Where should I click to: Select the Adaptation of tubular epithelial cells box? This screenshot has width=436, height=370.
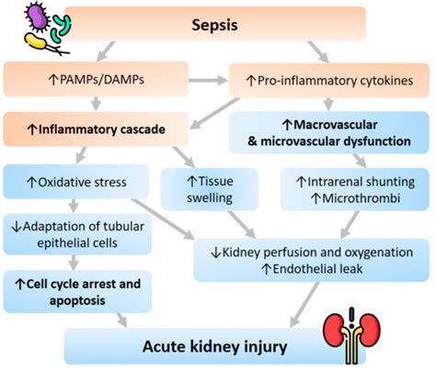click(x=73, y=235)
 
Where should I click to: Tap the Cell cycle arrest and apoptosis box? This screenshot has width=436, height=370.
click(x=73, y=290)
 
